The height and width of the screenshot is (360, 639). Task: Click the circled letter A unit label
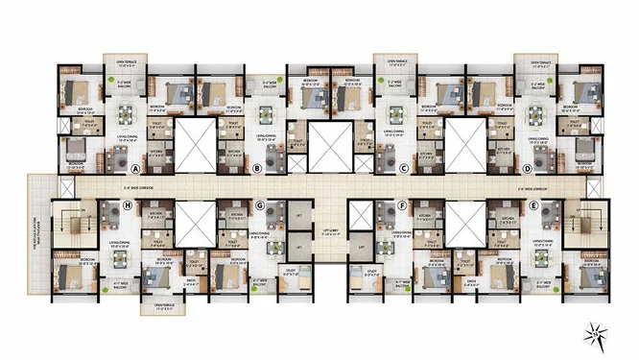(x=109, y=166)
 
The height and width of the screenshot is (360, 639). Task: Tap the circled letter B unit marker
(x=256, y=168)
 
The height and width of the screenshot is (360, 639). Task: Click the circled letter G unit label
(x=259, y=204)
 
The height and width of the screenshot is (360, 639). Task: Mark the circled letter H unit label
(x=128, y=204)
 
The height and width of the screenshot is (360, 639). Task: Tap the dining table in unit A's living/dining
(x=125, y=115)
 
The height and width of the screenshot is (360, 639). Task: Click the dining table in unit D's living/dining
(x=536, y=113)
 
